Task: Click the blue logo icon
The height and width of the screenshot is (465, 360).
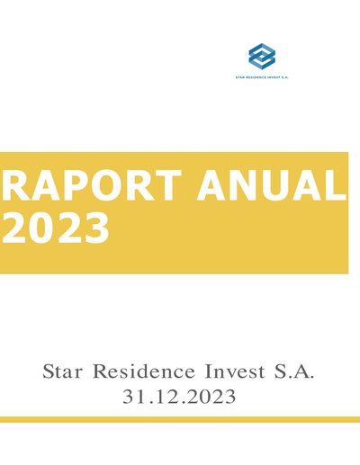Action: point(262,55)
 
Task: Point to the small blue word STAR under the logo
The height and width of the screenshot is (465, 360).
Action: point(239,77)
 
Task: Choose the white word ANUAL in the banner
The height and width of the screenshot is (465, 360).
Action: point(272,185)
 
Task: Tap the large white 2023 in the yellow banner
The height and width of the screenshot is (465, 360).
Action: point(56,227)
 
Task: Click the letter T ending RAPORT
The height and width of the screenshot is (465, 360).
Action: point(168,185)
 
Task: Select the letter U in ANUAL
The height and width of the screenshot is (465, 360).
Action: point(276,185)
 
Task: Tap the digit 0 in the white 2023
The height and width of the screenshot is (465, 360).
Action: point(42,227)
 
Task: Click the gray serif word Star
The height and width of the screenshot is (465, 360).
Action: point(62,371)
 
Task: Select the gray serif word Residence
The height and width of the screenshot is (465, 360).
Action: point(144,371)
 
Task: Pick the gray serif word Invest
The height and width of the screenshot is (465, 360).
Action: point(235,371)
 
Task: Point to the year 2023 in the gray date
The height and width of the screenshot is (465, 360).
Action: point(209,397)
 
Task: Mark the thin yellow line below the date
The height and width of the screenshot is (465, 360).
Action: point(180,419)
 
